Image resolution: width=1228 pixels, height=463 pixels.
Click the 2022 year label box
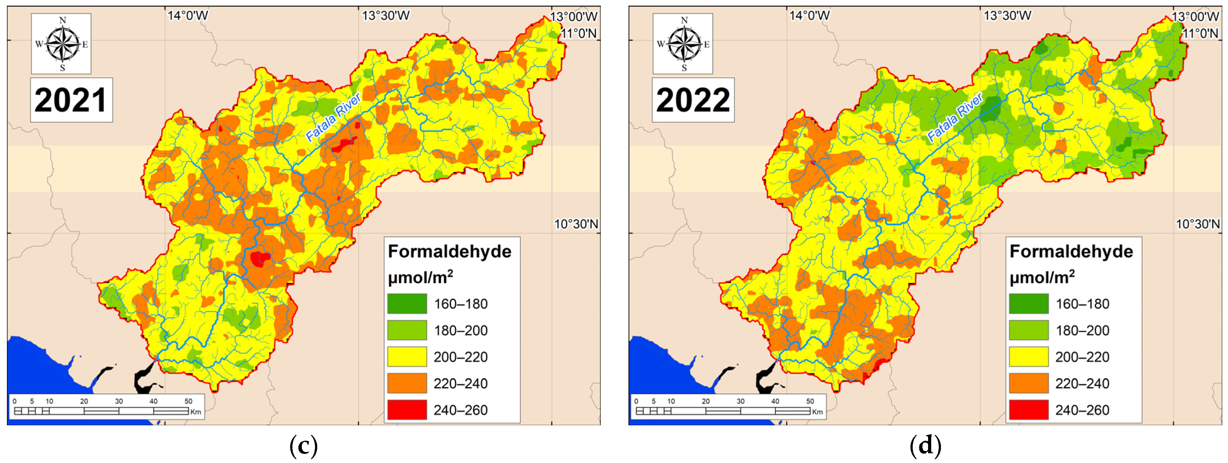[693, 100]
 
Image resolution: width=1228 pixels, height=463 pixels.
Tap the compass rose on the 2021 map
[62, 44]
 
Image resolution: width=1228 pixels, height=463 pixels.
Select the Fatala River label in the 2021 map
[333, 117]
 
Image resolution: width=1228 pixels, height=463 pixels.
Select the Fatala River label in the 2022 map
[954, 117]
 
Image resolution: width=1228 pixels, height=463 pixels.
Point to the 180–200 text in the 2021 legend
[460, 330]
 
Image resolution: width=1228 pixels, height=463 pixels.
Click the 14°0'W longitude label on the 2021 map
[188, 16]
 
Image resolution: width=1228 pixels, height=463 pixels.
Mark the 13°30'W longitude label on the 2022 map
[1007, 16]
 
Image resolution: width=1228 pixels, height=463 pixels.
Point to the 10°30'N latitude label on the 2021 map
[576, 224]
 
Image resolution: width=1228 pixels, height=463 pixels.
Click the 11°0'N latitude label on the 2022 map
[1200, 33]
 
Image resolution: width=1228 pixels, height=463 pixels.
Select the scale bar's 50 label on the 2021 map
[188, 401]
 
